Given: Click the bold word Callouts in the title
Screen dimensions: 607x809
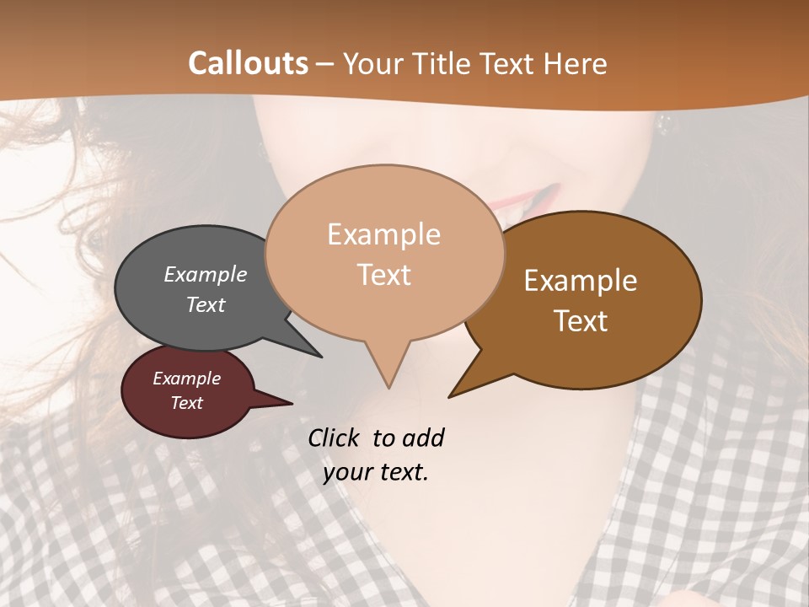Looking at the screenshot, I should (248, 63).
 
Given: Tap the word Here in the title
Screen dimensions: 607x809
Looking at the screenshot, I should (576, 63).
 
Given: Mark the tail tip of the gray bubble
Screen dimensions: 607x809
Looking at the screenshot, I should (320, 357).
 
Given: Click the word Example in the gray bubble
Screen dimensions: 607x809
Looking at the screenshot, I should (206, 274).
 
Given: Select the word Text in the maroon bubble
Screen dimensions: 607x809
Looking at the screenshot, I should (186, 403).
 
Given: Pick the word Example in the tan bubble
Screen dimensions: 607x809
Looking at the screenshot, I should (383, 234).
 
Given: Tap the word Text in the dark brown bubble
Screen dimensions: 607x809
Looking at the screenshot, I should (581, 320).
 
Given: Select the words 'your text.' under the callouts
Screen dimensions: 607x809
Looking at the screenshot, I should (376, 472).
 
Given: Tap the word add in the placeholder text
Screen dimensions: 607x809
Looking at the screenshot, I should (423, 438).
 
